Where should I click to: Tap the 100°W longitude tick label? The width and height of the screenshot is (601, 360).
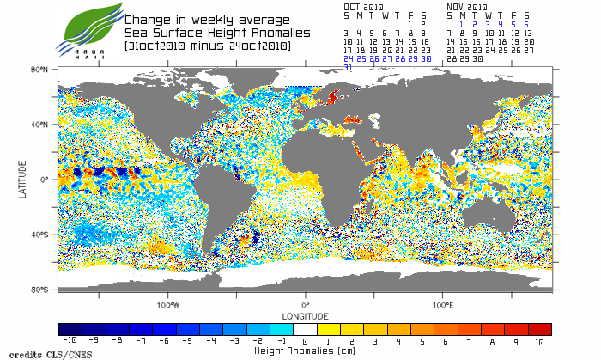click(x=168, y=304)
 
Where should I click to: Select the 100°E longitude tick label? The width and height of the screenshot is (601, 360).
click(x=442, y=304)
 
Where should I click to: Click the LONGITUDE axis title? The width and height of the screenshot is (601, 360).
click(x=305, y=315)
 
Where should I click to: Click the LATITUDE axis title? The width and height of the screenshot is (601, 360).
click(x=23, y=180)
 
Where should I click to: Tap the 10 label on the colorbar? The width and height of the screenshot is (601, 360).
click(x=539, y=341)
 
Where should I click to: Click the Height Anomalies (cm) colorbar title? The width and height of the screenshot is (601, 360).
click(x=305, y=351)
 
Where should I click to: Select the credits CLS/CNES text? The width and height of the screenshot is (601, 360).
click(x=36, y=354)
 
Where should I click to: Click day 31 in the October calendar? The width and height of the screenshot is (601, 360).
click(x=348, y=67)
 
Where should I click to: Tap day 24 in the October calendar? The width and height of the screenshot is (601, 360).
click(x=348, y=58)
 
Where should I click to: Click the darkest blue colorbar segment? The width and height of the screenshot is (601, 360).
click(x=70, y=329)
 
